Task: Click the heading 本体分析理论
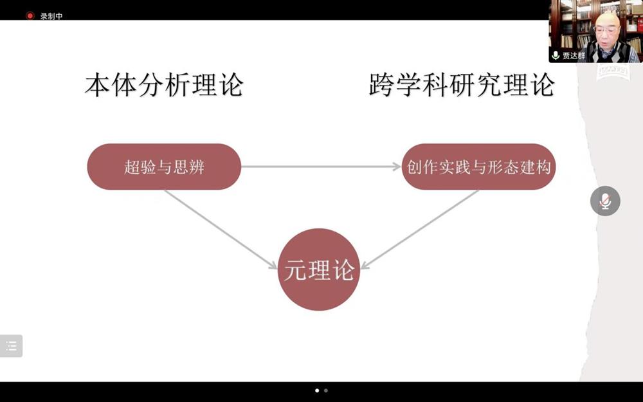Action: [x=164, y=85]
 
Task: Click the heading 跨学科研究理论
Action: [x=462, y=85]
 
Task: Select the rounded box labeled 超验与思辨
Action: [x=164, y=167]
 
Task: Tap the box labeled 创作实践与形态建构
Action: [x=478, y=167]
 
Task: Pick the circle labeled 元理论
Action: [x=319, y=270]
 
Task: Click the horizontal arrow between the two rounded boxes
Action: [x=321, y=167]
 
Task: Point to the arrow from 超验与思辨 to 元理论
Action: [x=221, y=230]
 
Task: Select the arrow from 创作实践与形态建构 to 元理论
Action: [x=420, y=230]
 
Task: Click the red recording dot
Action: [x=30, y=15]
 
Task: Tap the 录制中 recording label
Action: [x=51, y=17]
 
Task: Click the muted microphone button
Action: [x=605, y=201]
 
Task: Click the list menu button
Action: [x=11, y=346]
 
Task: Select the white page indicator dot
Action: [x=317, y=390]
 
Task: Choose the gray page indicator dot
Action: [x=326, y=390]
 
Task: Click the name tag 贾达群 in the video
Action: [x=574, y=56]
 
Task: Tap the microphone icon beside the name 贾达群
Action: [x=556, y=55]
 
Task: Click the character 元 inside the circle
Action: [x=295, y=270]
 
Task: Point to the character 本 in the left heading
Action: [x=98, y=86]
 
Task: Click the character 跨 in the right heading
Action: [x=381, y=85]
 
